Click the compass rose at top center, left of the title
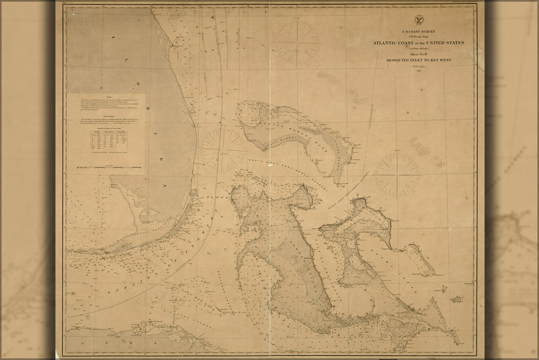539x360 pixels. (x=296, y=42)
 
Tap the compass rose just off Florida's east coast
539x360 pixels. (x=223, y=149)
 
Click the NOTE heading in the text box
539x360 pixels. (x=105, y=96)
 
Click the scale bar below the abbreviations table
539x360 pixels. (x=108, y=167)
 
